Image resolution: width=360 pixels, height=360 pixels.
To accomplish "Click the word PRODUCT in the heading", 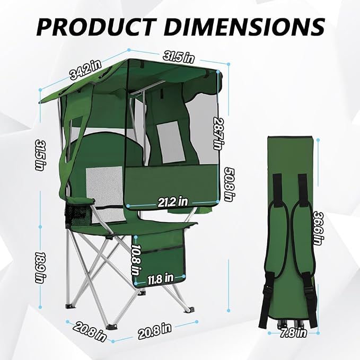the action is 95,27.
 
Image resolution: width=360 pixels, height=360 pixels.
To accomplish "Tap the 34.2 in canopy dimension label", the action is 86,69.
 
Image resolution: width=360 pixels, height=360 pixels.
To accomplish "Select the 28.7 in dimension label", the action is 218,134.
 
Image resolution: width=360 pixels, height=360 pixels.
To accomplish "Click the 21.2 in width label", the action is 173,202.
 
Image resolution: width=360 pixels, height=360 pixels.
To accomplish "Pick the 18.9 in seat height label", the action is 41,268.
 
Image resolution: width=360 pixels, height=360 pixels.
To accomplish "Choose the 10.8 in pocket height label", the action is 136,259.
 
